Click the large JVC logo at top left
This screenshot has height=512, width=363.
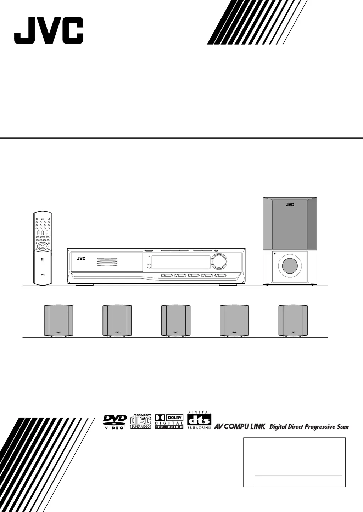(x=49, y=31)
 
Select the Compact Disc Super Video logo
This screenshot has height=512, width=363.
(x=141, y=421)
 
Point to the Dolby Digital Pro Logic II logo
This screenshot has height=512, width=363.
(x=169, y=421)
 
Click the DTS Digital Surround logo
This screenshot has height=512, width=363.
(x=199, y=420)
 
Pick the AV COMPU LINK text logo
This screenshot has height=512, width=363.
(x=239, y=426)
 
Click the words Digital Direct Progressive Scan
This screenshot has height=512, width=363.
(x=309, y=427)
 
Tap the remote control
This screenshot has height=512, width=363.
(x=43, y=248)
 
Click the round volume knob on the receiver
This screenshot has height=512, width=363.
(x=219, y=261)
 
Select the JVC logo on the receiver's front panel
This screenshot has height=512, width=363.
(x=81, y=258)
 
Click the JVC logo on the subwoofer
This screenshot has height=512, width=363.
(x=290, y=205)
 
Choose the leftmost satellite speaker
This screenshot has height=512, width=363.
(x=58, y=320)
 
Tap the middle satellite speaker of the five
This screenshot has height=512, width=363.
(x=176, y=320)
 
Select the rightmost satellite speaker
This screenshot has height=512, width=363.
(x=293, y=320)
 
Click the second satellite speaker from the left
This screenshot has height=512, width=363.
(x=117, y=320)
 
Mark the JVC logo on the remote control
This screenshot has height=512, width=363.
(x=43, y=274)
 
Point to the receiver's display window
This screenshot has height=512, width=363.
(x=180, y=262)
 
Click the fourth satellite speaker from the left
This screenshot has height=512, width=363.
(x=234, y=320)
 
